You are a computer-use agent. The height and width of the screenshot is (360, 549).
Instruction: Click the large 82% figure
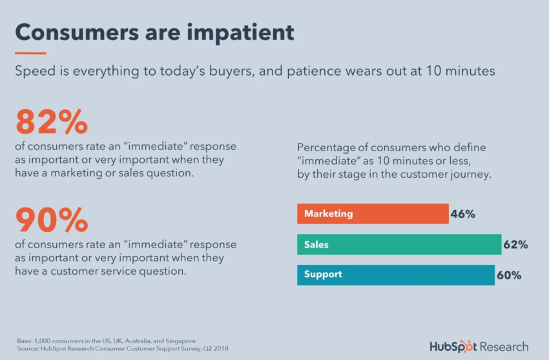click(x=51, y=122)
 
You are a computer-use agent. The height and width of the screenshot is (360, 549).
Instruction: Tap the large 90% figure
click(x=51, y=220)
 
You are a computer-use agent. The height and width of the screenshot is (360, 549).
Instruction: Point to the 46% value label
click(x=463, y=214)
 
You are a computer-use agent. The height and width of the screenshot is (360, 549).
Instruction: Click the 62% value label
click(x=516, y=244)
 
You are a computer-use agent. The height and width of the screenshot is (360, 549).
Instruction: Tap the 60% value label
click(x=509, y=275)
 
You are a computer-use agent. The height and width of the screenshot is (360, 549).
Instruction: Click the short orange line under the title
click(x=30, y=53)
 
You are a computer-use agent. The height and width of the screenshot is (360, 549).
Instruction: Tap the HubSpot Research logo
click(x=479, y=346)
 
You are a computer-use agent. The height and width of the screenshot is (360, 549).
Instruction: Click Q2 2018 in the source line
click(x=215, y=349)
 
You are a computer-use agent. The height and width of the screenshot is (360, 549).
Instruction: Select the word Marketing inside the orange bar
click(x=328, y=214)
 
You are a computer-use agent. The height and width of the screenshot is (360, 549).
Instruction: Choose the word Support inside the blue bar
click(x=323, y=275)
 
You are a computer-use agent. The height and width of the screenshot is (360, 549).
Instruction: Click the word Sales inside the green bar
click(x=316, y=244)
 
